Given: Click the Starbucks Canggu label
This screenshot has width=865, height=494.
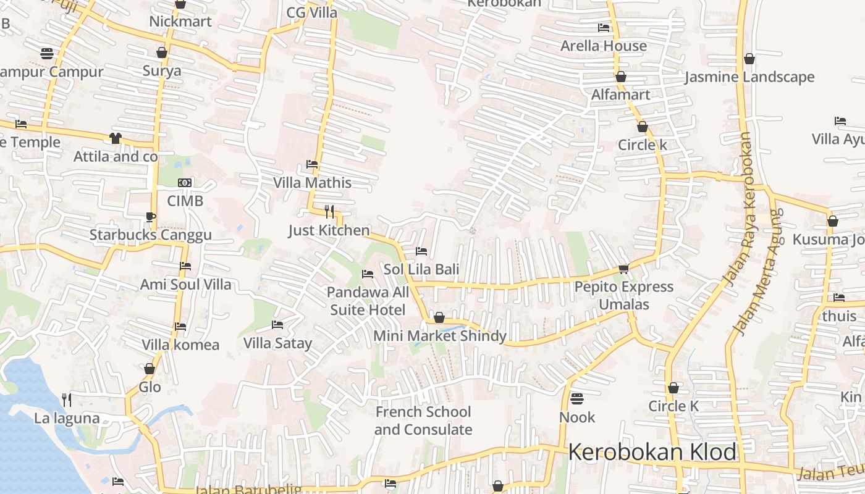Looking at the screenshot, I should (x=150, y=235).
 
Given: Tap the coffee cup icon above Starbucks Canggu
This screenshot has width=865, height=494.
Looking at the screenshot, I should (x=150, y=216).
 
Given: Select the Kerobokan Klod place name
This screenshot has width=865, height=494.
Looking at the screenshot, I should (x=652, y=452).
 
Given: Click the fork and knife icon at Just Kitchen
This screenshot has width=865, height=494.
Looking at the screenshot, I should (x=329, y=212).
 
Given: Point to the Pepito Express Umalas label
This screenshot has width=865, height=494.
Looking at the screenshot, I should (x=623, y=295).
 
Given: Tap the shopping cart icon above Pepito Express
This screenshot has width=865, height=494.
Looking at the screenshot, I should (x=623, y=269).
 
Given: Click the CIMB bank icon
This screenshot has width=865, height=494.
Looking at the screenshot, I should (x=185, y=183).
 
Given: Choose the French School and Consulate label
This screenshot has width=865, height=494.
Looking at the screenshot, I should (x=423, y=421).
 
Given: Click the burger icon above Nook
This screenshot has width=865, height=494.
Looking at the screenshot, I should (x=577, y=399).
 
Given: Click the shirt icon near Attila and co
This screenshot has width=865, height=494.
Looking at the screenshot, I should (x=116, y=138).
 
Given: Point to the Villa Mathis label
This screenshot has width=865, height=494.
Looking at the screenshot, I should (x=312, y=183).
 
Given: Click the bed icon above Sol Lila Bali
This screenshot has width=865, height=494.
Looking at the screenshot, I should (x=421, y=251).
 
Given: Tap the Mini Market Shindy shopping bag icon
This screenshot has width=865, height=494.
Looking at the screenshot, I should (x=439, y=317).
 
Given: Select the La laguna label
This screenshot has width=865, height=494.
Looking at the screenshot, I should (x=67, y=418).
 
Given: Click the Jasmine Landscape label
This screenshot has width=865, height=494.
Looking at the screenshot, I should (x=749, y=77).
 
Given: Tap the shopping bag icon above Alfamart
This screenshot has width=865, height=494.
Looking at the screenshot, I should (x=621, y=77).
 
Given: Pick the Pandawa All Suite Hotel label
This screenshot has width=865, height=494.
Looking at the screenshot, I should (x=368, y=301).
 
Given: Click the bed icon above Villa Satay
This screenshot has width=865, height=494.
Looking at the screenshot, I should (x=277, y=325).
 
